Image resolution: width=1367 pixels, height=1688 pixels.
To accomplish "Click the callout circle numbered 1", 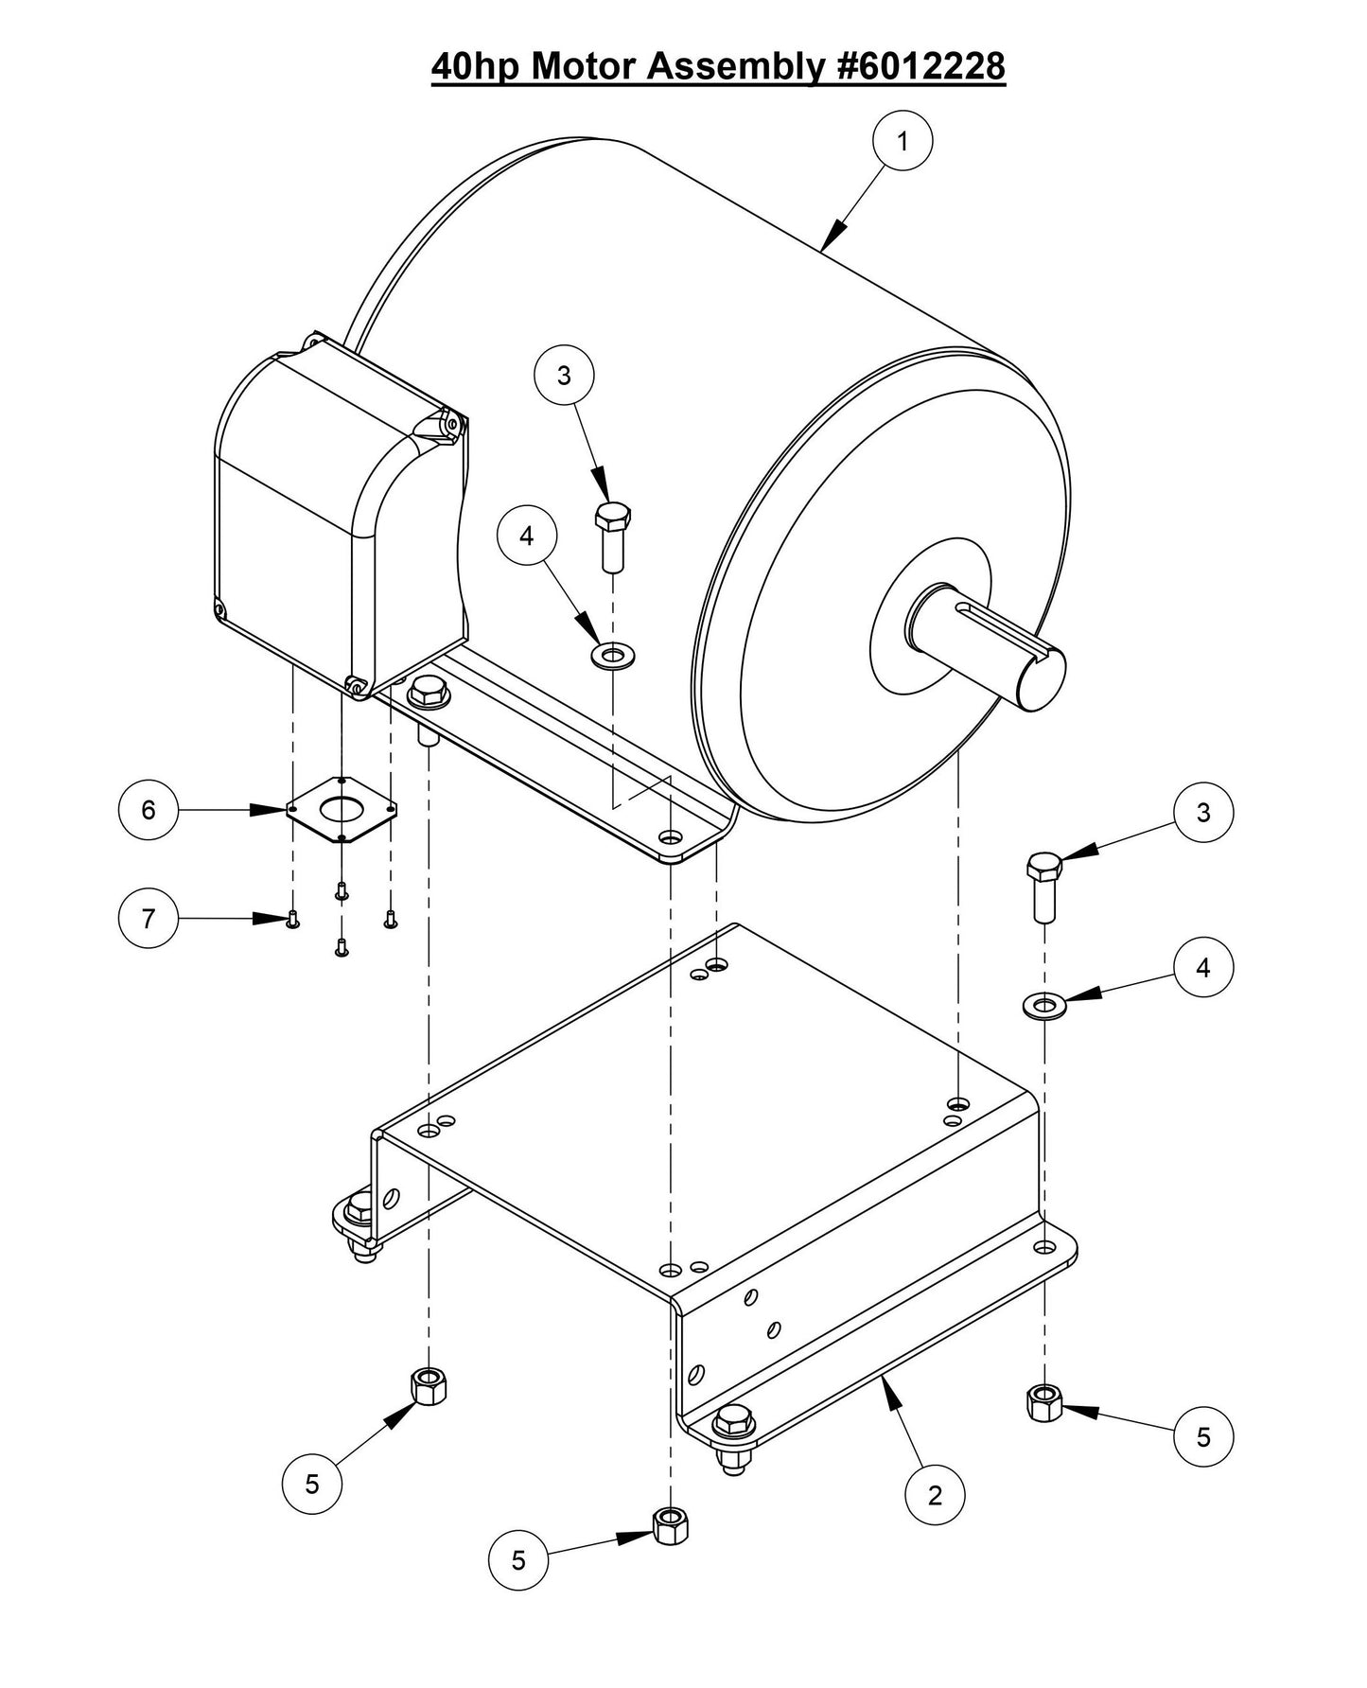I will pyautogui.click(x=902, y=141).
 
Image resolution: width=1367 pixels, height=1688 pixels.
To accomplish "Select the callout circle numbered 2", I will pyautogui.click(x=935, y=1495).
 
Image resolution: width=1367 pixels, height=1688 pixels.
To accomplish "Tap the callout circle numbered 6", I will pyautogui.click(x=149, y=810).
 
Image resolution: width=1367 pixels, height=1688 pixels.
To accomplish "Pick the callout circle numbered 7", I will pyautogui.click(x=149, y=918).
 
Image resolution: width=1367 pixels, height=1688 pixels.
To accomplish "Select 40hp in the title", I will pyautogui.click(x=476, y=66).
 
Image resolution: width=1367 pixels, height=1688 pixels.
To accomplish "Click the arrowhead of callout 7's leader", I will pyautogui.click(x=272, y=918).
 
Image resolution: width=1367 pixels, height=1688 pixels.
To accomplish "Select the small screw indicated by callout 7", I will pyautogui.click(x=292, y=919).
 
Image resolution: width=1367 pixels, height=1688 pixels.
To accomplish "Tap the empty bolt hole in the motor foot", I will pyautogui.click(x=671, y=838).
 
